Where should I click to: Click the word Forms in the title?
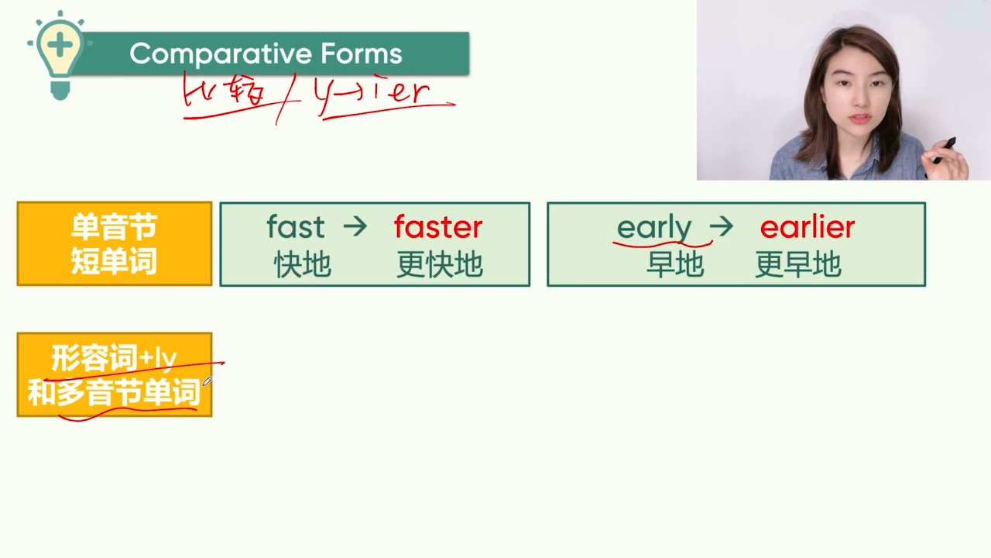click(x=362, y=53)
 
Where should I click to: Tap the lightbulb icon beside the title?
click(x=60, y=55)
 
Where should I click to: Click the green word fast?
click(x=296, y=226)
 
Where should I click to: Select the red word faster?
click(x=438, y=226)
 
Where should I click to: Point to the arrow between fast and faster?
click(x=355, y=226)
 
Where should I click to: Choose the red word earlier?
click(x=808, y=226)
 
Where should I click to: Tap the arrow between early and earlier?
click(x=721, y=227)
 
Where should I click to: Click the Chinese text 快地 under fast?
click(x=303, y=264)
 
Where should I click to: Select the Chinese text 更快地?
click(x=439, y=264)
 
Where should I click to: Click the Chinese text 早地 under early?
click(x=675, y=264)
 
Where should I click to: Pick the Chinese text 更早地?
click(x=797, y=264)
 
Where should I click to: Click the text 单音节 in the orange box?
click(x=114, y=227)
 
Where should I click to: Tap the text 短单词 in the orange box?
click(x=114, y=261)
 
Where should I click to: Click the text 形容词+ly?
click(x=114, y=358)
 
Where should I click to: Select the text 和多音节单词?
click(x=114, y=392)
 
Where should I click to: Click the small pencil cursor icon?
click(x=207, y=381)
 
